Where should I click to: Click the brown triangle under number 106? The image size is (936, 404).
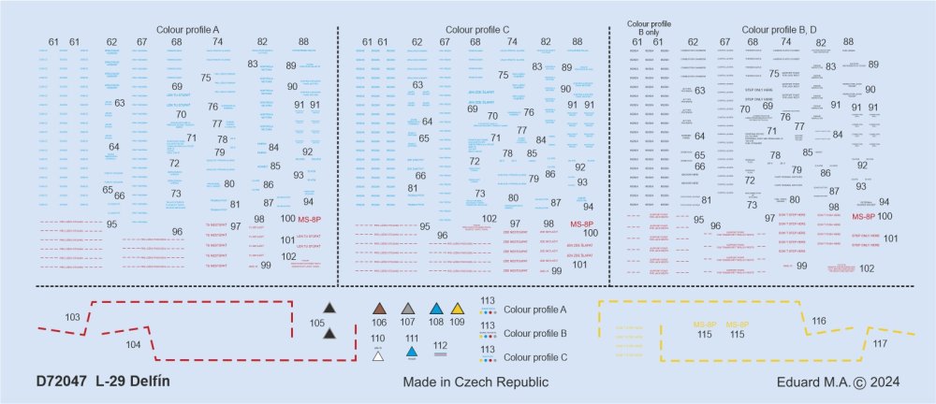(x=379, y=310)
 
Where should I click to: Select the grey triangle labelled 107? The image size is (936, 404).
(x=408, y=310)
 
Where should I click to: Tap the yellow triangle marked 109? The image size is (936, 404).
(x=457, y=310)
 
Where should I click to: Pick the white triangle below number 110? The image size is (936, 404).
(x=377, y=354)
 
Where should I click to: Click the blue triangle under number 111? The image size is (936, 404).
(x=412, y=352)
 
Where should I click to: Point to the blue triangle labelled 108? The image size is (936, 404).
(x=435, y=310)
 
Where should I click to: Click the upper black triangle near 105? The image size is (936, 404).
(x=329, y=309)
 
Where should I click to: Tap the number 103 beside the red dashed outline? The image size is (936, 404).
(x=73, y=317)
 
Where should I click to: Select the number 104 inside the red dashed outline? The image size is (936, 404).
(x=133, y=344)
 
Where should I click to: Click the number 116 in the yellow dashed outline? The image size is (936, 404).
(x=819, y=321)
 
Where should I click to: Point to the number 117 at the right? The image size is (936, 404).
(x=880, y=343)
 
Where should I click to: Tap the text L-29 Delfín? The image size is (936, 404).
(x=134, y=382)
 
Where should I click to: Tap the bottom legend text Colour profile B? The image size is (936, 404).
(x=535, y=333)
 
